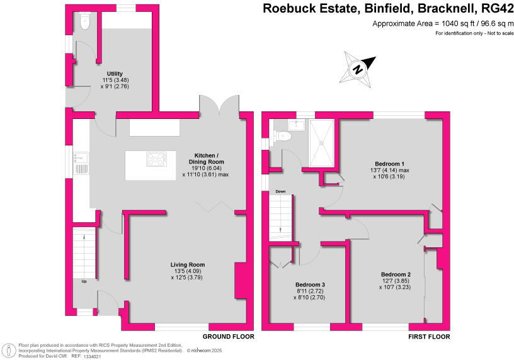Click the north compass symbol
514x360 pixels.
pyautogui.click(x=358, y=68)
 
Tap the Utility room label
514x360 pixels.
pyautogui.click(x=115, y=74)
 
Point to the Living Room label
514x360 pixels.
pyautogui.click(x=188, y=264)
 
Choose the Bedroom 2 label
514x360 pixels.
pyautogui.click(x=396, y=274)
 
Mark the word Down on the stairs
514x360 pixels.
pyautogui.click(x=281, y=191)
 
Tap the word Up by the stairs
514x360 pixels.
pyautogui.click(x=83, y=281)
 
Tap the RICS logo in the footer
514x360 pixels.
pyautogui.click(x=9, y=349)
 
